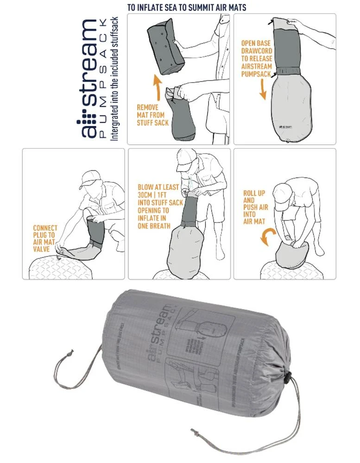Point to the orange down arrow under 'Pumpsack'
pos(263,88)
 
